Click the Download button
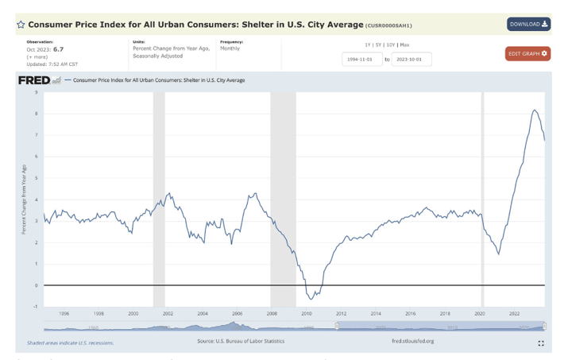tap(528, 24)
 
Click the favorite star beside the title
tap(21, 25)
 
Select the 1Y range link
tap(368, 45)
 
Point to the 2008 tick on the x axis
tap(272, 314)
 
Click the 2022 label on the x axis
tap(514, 314)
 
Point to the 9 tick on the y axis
tap(36, 92)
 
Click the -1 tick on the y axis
tap(36, 306)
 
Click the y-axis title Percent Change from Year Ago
tap(25, 199)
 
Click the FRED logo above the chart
tap(34, 80)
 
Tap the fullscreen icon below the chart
tap(541, 343)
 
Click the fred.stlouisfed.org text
tap(412, 341)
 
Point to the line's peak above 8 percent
tap(535, 110)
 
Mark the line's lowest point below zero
tap(311, 300)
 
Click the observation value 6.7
tap(58, 49)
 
